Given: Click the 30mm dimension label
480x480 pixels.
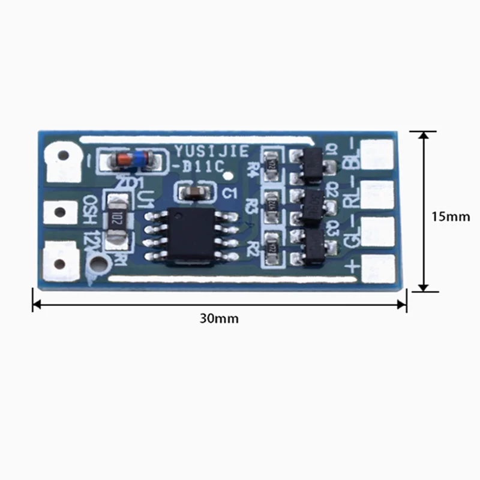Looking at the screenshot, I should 219,319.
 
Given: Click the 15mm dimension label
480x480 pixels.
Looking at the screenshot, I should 451,217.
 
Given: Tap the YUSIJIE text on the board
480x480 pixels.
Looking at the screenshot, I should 210,152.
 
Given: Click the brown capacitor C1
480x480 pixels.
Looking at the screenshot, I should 194,193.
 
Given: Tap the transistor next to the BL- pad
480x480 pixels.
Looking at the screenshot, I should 312,165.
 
